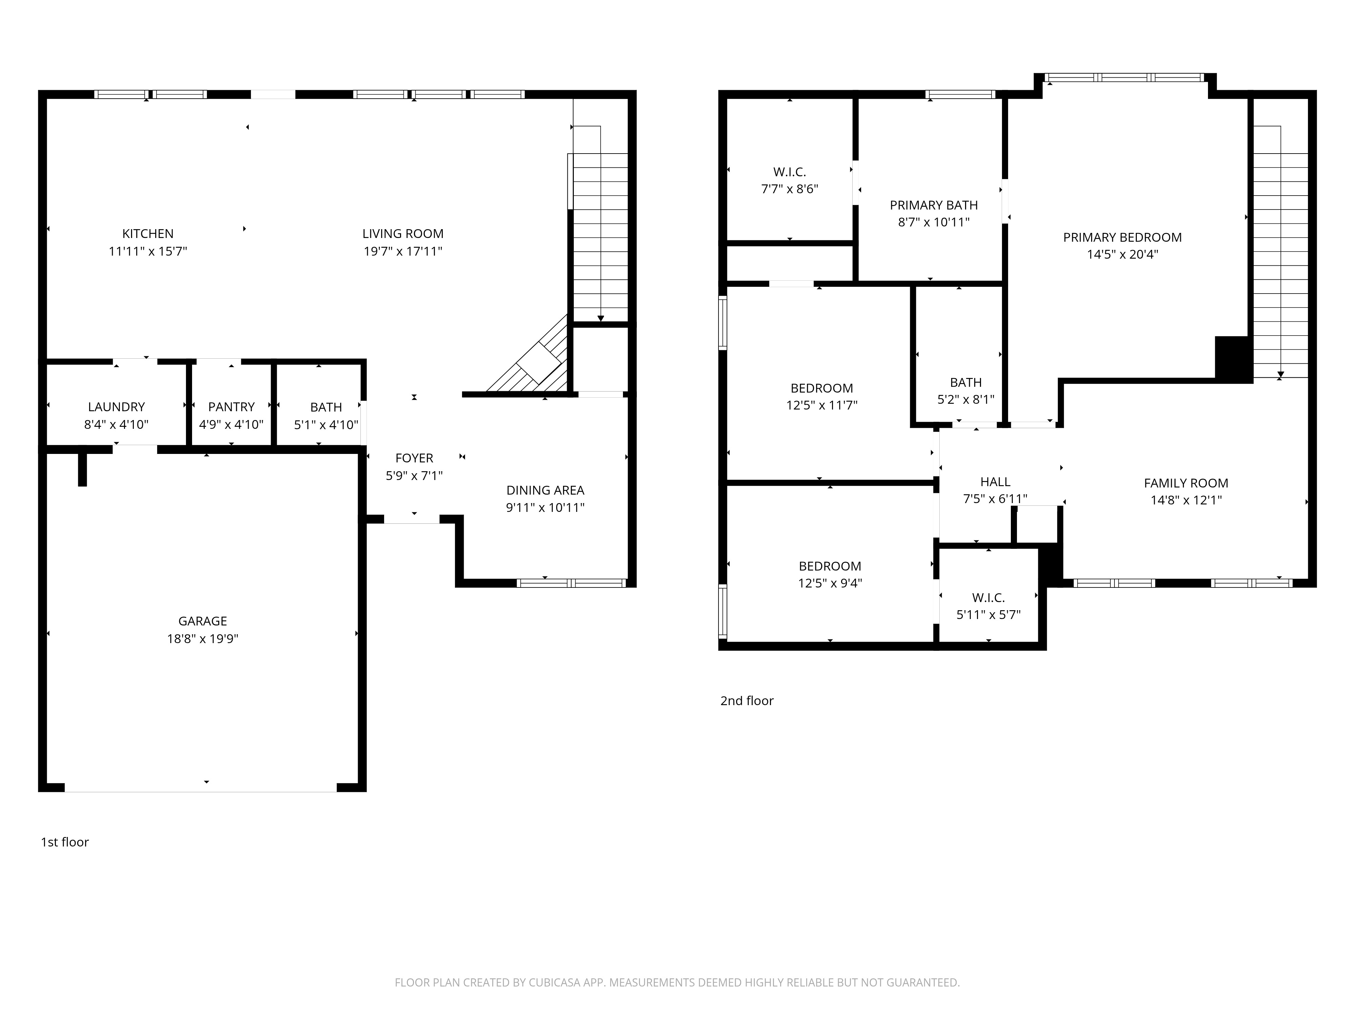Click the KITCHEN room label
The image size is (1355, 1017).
pos(148,234)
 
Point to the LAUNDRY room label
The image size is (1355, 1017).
pos(117,407)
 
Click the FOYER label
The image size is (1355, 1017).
pos(414,458)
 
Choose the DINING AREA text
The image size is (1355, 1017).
pos(545,491)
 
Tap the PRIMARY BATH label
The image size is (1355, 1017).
pos(934,205)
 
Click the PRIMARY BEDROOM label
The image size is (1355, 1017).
pos(1122,237)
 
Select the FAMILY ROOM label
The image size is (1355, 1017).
pos(1186,483)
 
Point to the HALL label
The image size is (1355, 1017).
pos(995,482)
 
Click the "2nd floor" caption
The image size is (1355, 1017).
pos(747,701)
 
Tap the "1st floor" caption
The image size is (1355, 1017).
pos(64,842)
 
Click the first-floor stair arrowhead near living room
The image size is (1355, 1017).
pos(600,318)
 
